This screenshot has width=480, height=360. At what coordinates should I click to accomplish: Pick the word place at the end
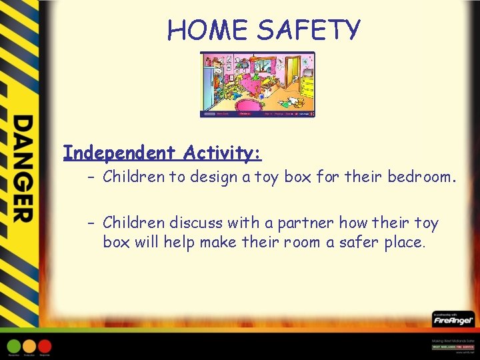(x=402, y=241)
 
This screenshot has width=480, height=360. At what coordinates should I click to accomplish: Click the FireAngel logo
(x=453, y=319)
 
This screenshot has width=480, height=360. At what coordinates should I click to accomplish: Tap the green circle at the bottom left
(x=15, y=346)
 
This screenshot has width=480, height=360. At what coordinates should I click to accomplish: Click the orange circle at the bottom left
(x=30, y=346)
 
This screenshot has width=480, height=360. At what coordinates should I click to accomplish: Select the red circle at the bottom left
(x=45, y=346)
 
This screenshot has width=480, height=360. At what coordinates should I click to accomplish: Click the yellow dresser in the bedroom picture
(x=307, y=85)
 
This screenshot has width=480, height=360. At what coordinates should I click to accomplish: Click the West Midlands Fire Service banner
(x=453, y=347)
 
